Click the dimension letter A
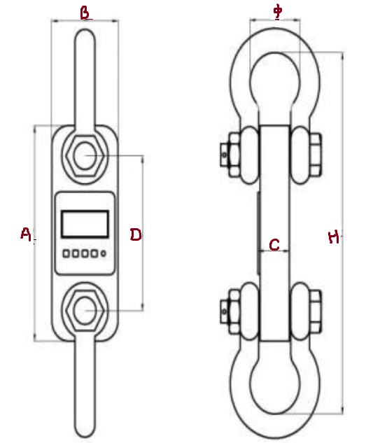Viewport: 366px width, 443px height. point(26,234)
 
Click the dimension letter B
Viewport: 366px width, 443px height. point(85,13)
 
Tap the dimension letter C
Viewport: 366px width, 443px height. point(274,245)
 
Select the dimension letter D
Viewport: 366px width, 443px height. point(136,234)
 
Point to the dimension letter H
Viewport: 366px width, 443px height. point(334,237)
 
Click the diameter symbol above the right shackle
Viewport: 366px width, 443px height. point(278,12)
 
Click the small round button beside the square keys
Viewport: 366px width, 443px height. point(104,253)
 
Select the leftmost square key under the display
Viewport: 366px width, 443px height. point(66,253)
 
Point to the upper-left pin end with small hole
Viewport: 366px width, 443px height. point(224,155)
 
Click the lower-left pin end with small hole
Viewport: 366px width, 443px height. point(224,311)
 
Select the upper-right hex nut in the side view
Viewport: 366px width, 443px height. point(315,155)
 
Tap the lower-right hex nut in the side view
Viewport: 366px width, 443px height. point(315,311)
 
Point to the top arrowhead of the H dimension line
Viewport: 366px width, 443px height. point(343,55)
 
